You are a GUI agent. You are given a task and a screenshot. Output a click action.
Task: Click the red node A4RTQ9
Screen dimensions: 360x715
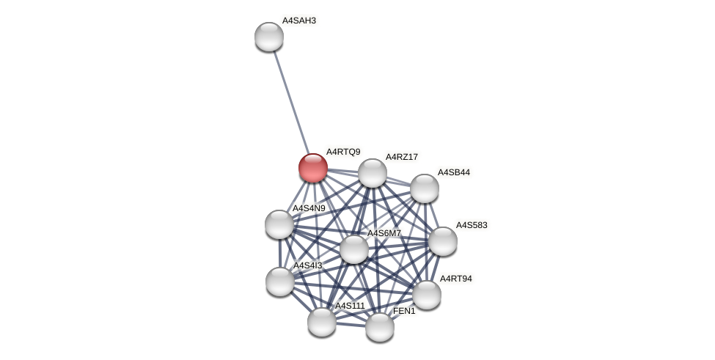pyautogui.click(x=313, y=168)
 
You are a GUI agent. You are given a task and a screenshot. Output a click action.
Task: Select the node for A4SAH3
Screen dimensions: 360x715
pyautogui.click(x=269, y=37)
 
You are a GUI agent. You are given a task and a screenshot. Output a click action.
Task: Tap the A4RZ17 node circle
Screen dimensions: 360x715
pyautogui.click(x=373, y=173)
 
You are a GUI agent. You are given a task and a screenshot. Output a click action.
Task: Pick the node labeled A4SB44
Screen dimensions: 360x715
pyautogui.click(x=425, y=188)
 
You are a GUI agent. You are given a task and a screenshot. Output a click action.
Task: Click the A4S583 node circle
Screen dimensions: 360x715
pyautogui.click(x=443, y=241)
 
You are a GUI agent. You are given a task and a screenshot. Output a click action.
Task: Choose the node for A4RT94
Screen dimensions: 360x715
pyautogui.click(x=427, y=295)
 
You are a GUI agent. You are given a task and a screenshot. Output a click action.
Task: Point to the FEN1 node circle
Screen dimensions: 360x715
pyautogui.click(x=380, y=327)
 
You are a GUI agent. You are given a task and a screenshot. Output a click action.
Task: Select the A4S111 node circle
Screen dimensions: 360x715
pyautogui.click(x=322, y=322)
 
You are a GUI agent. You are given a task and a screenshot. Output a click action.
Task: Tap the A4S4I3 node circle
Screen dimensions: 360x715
pyautogui.click(x=280, y=282)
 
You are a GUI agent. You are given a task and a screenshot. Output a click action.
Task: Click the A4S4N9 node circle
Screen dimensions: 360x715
pyautogui.click(x=279, y=224)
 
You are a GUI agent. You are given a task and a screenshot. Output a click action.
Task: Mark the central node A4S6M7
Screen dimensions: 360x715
pyautogui.click(x=354, y=249)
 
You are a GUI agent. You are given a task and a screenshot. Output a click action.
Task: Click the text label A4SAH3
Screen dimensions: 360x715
pyautogui.click(x=299, y=21)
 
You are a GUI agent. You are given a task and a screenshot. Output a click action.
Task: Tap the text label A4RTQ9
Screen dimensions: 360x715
pyautogui.click(x=343, y=152)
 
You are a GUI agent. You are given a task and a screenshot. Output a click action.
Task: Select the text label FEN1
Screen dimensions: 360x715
pyautogui.click(x=404, y=311)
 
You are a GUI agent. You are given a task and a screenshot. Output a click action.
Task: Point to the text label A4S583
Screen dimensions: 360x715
pyautogui.click(x=472, y=225)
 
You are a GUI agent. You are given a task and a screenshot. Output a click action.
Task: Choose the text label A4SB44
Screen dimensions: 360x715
pyautogui.click(x=454, y=172)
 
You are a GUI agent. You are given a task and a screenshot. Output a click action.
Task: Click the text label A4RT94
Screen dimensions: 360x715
pyautogui.click(x=456, y=279)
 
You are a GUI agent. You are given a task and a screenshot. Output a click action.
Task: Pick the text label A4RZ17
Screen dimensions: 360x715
pyautogui.click(x=402, y=157)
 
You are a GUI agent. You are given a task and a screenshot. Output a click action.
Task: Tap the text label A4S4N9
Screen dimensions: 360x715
pyautogui.click(x=309, y=208)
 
